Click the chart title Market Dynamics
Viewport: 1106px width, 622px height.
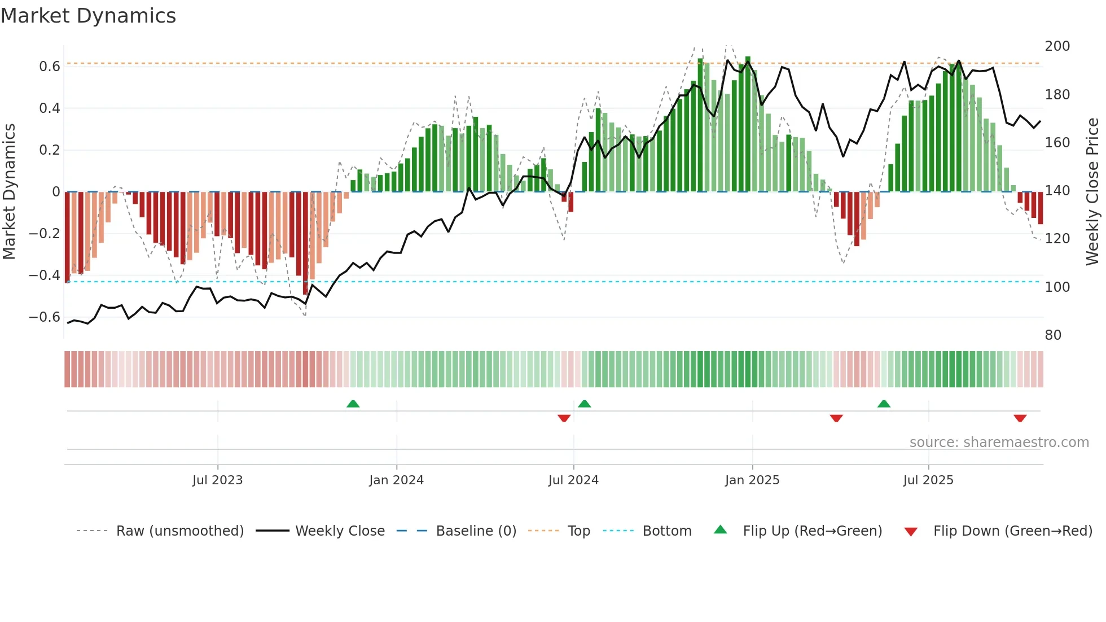pos(89,16)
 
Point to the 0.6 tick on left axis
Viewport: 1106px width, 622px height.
pos(50,67)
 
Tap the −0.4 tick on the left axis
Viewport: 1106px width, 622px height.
pos(45,275)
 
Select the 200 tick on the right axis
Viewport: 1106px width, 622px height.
pos(1057,46)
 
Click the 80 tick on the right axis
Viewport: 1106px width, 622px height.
pos(1053,335)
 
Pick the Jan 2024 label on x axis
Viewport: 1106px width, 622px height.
pos(396,480)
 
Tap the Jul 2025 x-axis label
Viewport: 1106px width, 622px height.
pos(928,480)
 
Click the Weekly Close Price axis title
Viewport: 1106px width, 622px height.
pos(1092,192)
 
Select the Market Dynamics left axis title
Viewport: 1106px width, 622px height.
pos(9,192)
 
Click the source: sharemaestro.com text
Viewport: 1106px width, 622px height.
pos(999,443)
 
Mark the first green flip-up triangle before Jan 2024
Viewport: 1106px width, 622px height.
pos(353,404)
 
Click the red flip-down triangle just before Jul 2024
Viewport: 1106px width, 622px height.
pos(564,418)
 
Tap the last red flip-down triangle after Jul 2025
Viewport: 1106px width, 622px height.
pos(1020,418)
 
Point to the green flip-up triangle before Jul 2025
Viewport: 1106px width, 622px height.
pos(884,404)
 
